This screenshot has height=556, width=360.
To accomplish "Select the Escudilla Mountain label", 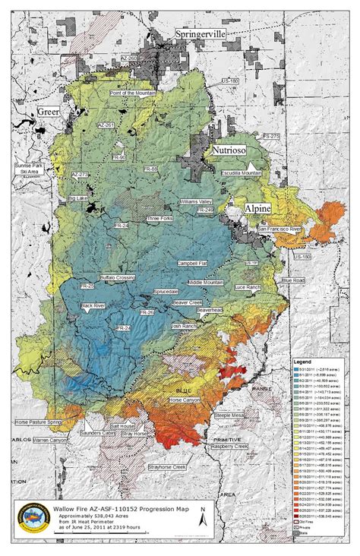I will click(x=242, y=173).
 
